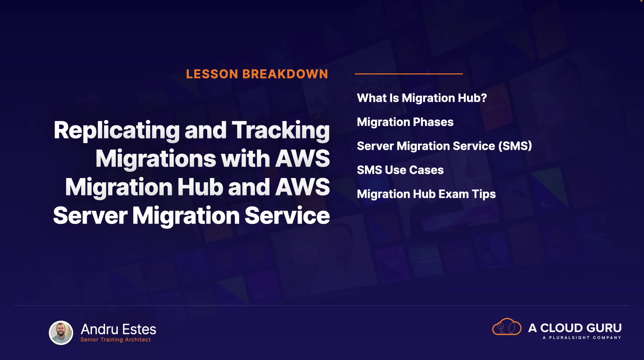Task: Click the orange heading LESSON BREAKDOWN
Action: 257,74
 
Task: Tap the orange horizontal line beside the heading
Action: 409,74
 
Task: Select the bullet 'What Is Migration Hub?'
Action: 422,98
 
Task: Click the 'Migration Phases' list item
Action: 405,122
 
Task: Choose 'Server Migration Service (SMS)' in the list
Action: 444,146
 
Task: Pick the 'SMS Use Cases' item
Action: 400,170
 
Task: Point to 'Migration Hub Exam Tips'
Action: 426,194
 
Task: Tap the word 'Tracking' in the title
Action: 281,131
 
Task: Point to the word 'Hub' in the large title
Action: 200,187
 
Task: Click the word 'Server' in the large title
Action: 90,215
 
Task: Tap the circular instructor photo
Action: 61,333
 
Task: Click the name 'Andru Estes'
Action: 118,329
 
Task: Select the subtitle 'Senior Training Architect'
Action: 116,340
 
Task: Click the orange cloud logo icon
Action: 507,326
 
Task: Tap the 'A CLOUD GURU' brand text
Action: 575,328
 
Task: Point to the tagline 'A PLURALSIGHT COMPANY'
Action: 582,338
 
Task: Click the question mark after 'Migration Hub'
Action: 483,98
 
